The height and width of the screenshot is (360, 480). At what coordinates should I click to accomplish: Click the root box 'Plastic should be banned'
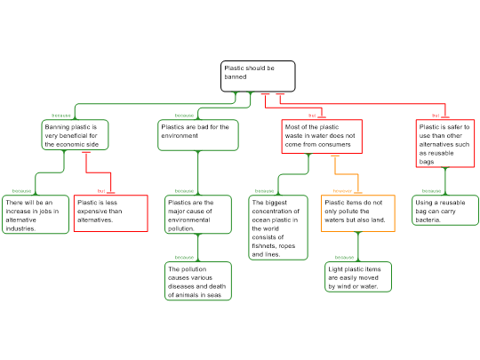(258, 76)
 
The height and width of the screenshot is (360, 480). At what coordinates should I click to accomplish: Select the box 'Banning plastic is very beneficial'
(75, 135)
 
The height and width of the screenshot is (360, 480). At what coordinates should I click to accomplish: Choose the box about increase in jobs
(35, 215)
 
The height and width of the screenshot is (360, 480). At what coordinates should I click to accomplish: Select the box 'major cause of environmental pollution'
(197, 215)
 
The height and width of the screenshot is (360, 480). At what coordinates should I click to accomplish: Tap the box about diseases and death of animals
(197, 281)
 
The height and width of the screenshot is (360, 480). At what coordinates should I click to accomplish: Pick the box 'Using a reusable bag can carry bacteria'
(444, 211)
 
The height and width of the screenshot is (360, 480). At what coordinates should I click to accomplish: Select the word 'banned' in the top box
(235, 77)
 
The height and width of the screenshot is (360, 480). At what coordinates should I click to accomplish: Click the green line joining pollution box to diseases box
(197, 247)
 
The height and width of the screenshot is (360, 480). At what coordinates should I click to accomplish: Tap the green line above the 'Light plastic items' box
(358, 246)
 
